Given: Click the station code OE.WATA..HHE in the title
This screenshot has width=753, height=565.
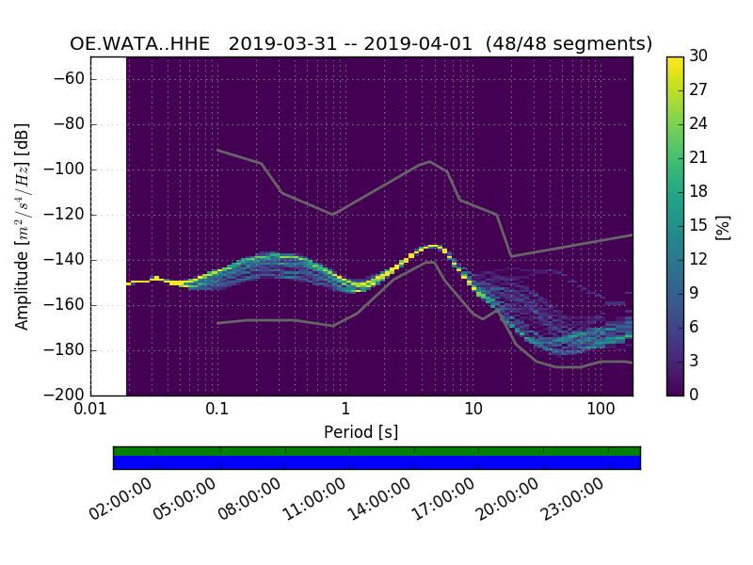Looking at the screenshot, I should [x=140, y=44].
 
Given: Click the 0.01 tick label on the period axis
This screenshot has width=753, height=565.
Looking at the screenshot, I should [x=90, y=409].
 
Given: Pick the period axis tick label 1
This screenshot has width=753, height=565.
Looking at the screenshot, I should [x=345, y=409].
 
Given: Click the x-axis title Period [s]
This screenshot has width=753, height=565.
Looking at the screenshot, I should [x=360, y=432].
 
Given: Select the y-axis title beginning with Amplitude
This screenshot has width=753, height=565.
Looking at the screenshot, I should [x=23, y=226].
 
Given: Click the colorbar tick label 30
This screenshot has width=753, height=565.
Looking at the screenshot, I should [x=698, y=56].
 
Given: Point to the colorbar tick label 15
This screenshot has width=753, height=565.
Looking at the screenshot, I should [x=698, y=226].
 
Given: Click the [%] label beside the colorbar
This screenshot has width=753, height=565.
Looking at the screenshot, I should [x=723, y=226].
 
